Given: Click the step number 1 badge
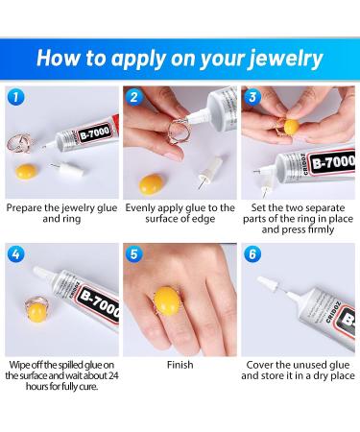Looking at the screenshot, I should click(x=15, y=96).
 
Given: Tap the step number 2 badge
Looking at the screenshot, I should click(x=133, y=96).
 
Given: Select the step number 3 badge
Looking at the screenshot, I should click(x=252, y=96).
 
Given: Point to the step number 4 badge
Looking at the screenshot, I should click(x=15, y=253).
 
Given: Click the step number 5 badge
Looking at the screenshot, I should click(x=133, y=253).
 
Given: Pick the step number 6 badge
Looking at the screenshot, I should click(x=252, y=253).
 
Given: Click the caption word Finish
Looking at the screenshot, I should click(x=180, y=366).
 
